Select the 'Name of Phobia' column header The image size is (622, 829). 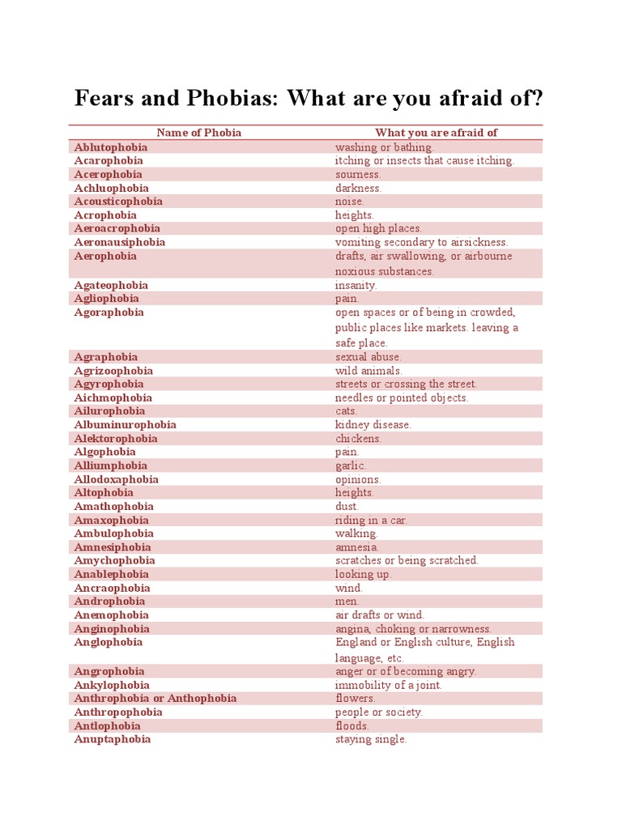point(198,133)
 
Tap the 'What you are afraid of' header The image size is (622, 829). point(436,133)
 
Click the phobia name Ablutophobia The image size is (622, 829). point(111,147)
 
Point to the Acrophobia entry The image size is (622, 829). point(105,215)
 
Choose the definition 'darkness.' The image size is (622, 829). point(358,188)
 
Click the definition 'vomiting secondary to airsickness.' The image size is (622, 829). point(421,242)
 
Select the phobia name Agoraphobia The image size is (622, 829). point(109,312)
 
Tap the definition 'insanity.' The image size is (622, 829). point(356,285)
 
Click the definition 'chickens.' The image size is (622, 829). point(358,439)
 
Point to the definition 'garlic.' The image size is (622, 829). point(351,466)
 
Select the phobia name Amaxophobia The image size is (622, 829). point(112,521)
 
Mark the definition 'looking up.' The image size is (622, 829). point(364,574)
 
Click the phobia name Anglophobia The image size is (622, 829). point(109,643)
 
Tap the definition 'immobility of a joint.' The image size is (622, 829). point(389,685)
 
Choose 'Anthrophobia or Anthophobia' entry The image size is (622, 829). point(155,699)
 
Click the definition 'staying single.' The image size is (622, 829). point(371,739)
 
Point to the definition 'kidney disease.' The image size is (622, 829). point(373,425)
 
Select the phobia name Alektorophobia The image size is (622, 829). point(116,439)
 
